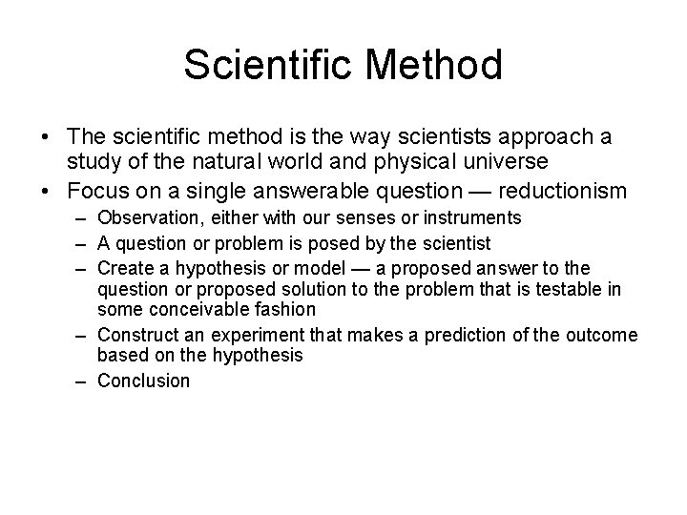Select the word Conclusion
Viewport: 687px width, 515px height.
coord(144,380)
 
